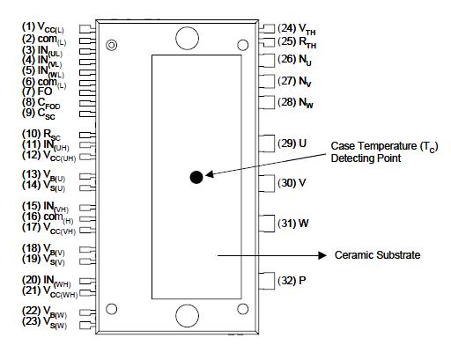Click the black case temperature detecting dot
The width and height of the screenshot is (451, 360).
click(196, 177)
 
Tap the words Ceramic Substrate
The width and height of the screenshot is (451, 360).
click(378, 255)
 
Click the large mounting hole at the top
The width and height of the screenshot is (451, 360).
click(186, 37)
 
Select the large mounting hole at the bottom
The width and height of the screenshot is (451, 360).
click(186, 314)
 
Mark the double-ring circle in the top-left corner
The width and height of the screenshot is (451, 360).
click(111, 45)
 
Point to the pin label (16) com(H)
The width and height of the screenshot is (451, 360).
click(50, 217)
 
